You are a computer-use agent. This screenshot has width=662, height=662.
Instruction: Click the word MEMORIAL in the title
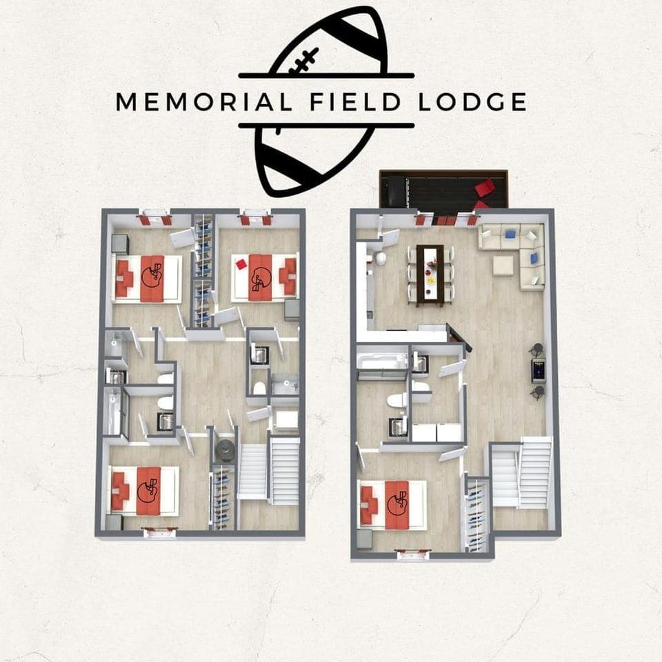[204, 102]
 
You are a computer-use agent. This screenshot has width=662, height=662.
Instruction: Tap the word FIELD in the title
[355, 102]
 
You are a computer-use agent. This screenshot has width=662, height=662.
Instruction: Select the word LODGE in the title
[472, 102]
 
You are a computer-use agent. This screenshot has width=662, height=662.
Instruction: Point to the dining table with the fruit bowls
[430, 276]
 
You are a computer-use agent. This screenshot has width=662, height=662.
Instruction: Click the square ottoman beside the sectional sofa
[503, 265]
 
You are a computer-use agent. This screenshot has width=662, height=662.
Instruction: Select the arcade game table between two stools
[539, 371]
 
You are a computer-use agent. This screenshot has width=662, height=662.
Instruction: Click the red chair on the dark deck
[485, 187]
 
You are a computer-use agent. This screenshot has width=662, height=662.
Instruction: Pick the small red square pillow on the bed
[241, 264]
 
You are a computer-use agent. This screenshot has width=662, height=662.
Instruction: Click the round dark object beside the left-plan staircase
[225, 450]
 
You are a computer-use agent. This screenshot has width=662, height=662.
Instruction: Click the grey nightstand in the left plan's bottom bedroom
[114, 522]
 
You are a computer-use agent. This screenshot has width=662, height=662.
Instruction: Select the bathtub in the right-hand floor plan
[381, 362]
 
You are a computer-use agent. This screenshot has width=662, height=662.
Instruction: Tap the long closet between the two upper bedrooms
[203, 271]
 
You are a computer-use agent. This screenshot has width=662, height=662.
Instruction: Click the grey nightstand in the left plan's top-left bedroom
[120, 244]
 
